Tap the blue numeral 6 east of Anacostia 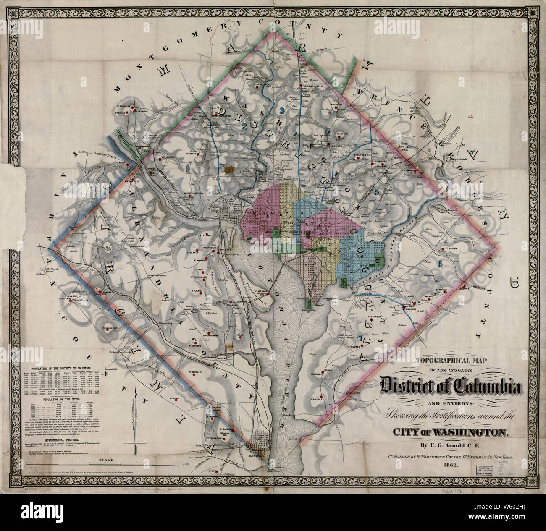pyautogui.click(x=439, y=263)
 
